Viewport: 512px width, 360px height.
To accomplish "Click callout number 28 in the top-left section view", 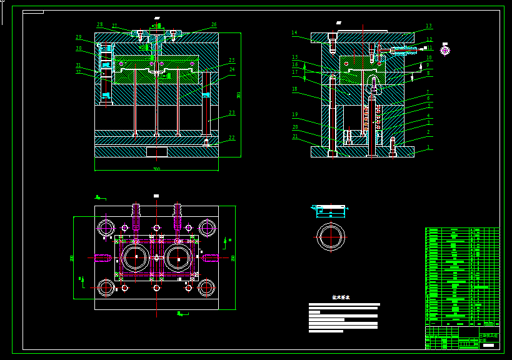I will pos(99,25).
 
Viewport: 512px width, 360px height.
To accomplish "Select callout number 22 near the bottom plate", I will pos(232,138).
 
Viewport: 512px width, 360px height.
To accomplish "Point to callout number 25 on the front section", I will pos(231,61).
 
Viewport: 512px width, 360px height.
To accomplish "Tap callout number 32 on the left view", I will pos(79,72).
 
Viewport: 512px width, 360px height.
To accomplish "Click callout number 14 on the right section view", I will pos(294,33).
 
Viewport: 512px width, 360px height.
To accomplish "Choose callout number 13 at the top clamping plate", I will pos(429,26).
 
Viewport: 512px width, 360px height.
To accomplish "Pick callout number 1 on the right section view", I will pos(428,147).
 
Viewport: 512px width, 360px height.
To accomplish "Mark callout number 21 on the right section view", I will pos(295,136).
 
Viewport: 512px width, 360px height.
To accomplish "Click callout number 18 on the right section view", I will pos(294,89).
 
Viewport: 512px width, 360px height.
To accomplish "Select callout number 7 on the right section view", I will pos(428,92).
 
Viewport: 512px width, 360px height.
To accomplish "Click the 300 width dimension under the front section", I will pos(156,169).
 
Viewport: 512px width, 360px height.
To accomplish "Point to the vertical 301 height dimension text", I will pos(239,95).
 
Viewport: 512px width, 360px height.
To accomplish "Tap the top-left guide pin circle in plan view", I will pos(106,227).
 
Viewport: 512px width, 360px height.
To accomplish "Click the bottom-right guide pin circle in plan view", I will pos(206,287).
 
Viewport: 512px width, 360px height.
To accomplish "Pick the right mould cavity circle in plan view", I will pos(178,257).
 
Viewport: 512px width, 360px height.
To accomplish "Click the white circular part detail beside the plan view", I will pos(331,236).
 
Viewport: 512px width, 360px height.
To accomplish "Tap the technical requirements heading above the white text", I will pos(341,298).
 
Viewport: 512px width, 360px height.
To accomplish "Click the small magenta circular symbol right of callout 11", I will pos(445,50).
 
